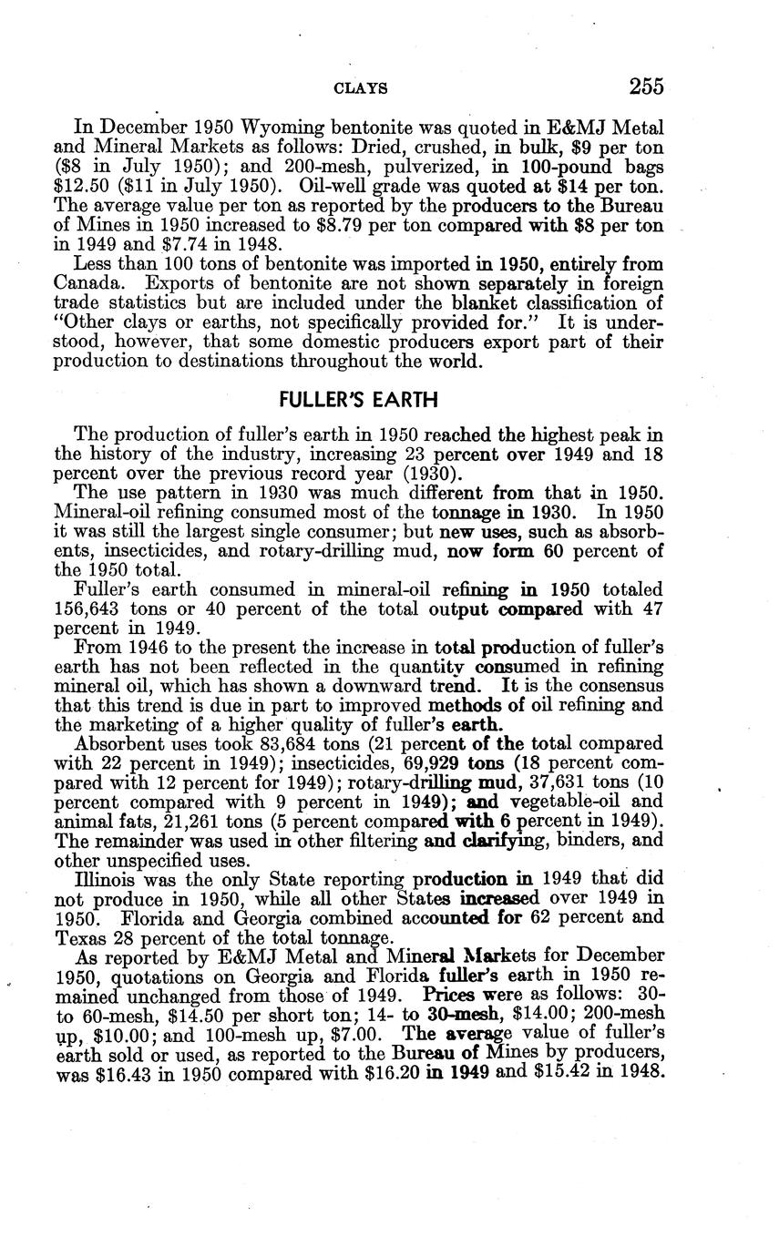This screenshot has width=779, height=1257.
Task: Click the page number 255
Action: point(645,87)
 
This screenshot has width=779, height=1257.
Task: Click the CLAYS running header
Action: point(362,88)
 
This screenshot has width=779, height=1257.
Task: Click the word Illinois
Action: point(103,879)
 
